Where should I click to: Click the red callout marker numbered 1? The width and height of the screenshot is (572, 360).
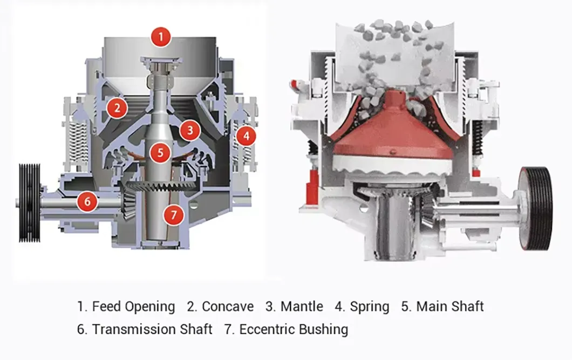pos(161,37)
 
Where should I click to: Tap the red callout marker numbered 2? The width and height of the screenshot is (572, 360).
pos(117,108)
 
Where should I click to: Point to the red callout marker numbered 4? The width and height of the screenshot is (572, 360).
pos(246,136)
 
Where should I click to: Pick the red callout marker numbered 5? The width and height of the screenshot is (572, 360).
pos(160,153)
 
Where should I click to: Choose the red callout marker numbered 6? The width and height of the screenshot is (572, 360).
pos(87,202)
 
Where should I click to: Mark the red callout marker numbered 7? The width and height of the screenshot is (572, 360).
pos(173,215)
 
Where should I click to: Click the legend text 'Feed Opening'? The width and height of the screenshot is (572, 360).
pos(133,307)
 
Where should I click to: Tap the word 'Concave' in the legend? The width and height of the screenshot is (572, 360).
pos(227,307)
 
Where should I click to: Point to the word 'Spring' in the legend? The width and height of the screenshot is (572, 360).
pos(369,307)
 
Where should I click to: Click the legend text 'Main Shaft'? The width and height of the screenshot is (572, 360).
pos(450,307)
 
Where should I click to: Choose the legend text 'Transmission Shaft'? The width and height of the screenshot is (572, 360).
pos(152,329)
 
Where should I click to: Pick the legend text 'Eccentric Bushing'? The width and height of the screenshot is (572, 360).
pos(294,329)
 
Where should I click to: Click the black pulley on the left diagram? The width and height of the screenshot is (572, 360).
pos(29,202)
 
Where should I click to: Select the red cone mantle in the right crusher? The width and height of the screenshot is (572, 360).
pos(392,130)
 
